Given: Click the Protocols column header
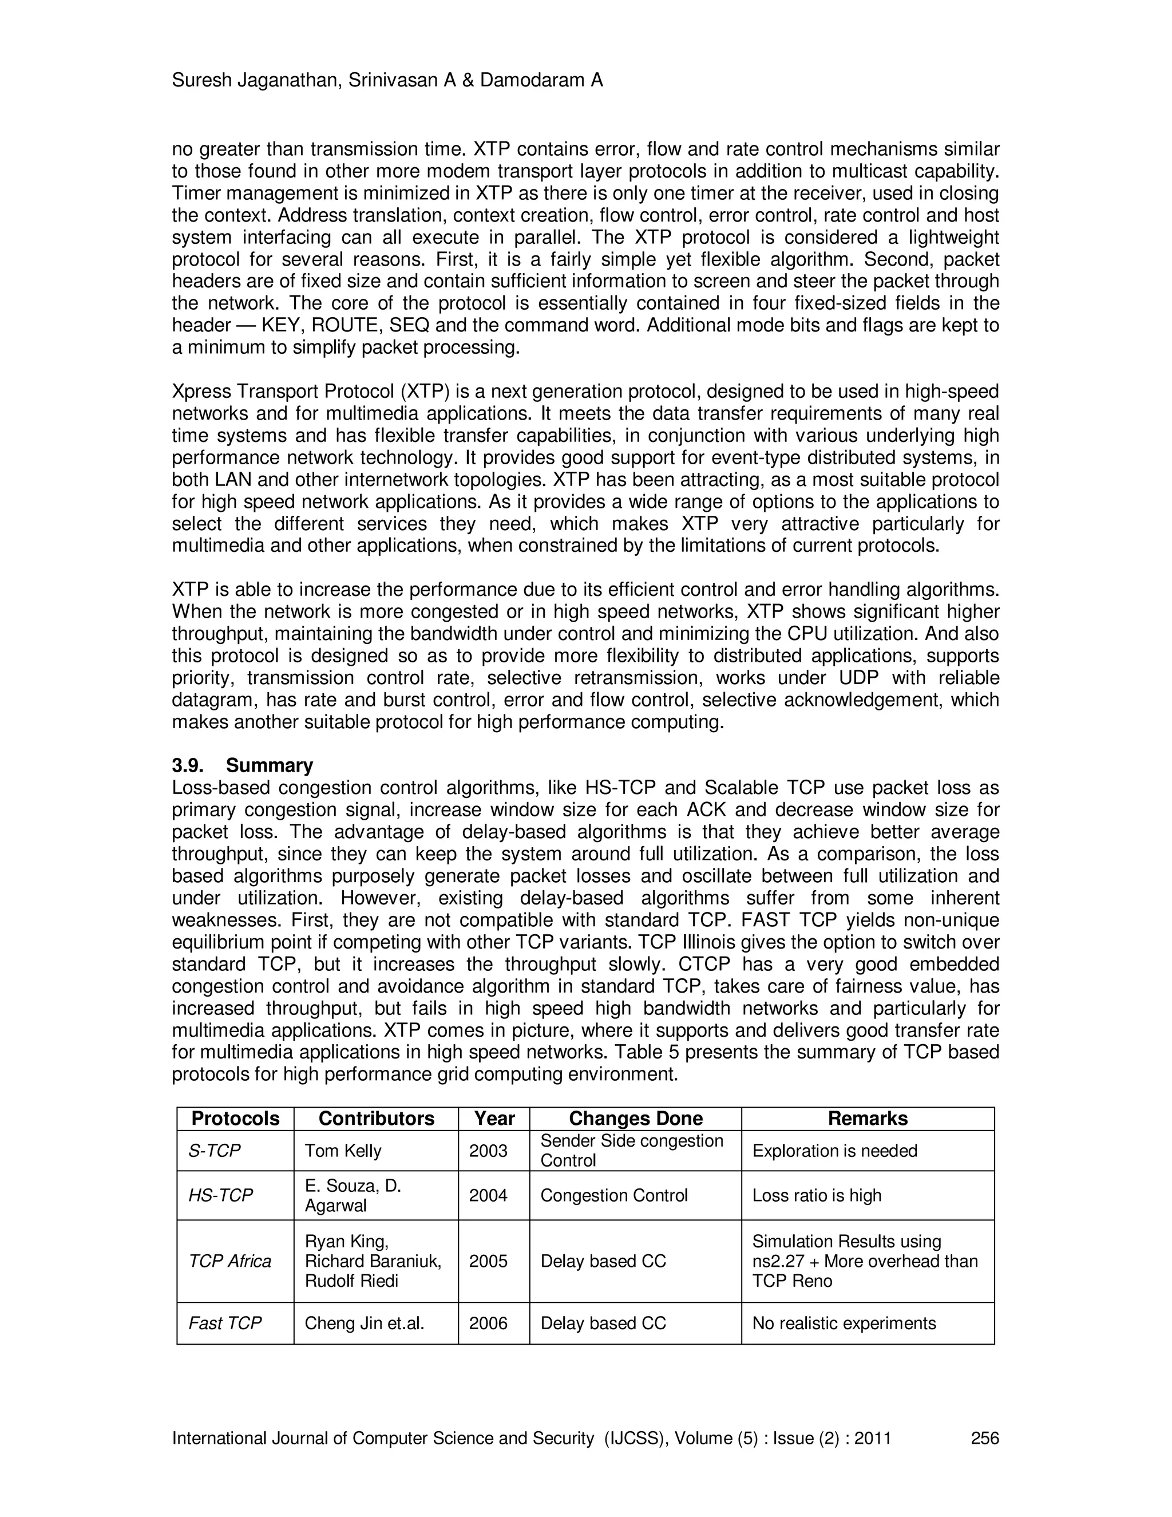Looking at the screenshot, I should pos(235,1119).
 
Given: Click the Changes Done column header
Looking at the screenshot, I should pos(635,1119).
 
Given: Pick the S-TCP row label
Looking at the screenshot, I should pos(214,1151).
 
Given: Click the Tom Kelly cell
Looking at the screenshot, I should pos(343,1151).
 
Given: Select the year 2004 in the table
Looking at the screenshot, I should pos(488,1195).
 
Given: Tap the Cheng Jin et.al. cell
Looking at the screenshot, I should pos(365,1323).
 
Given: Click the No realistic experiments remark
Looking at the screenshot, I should pos(844,1323).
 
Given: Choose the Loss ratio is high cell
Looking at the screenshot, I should pos(817,1195).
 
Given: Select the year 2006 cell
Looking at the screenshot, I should pos(488,1323).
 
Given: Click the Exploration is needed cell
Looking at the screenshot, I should pos(834,1151).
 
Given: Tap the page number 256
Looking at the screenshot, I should pos(984,1438).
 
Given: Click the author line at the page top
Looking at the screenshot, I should pos(387,81).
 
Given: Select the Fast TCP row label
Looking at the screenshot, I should pos(224,1323).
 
